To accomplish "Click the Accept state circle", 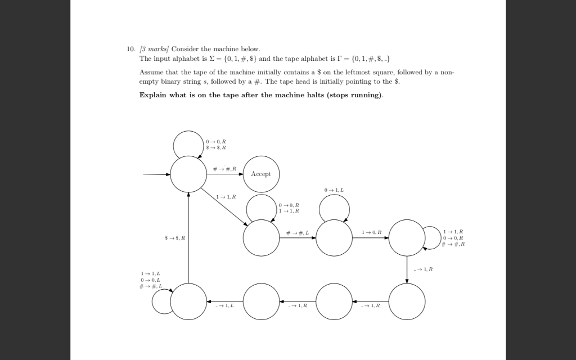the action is [x=261, y=174].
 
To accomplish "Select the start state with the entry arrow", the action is [x=188, y=174].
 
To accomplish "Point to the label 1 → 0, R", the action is [x=371, y=232].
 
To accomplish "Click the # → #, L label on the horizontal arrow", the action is [x=298, y=232].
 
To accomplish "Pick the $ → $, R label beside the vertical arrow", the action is [x=175, y=238].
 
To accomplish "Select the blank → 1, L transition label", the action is [x=225, y=305].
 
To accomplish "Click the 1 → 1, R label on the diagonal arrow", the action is [x=226, y=196].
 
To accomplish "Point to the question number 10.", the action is [x=130, y=49].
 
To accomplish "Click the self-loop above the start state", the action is [x=188, y=145].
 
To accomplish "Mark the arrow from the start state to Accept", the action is [x=224, y=174].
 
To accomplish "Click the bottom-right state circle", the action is [x=407, y=301].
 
